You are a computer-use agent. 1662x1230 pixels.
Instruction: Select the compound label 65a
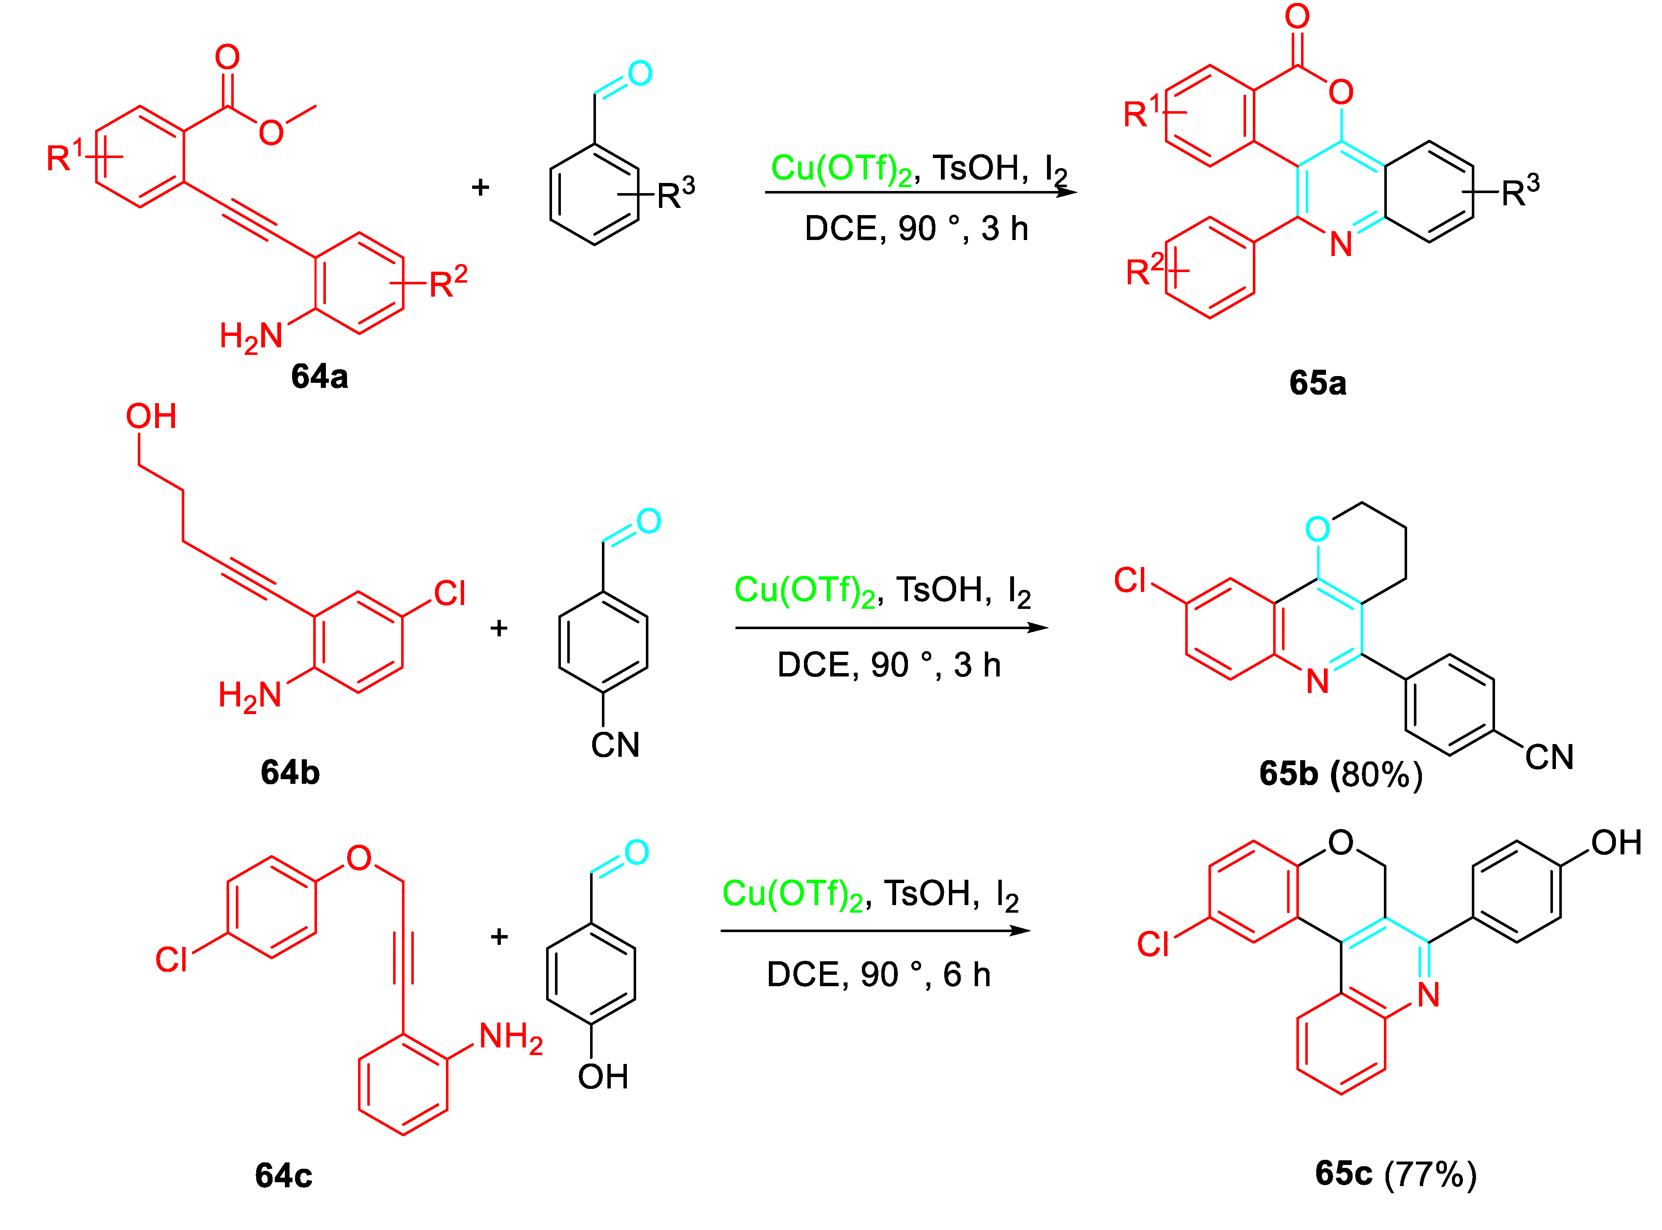(x=1317, y=383)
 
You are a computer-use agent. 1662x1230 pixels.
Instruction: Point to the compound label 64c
(x=283, y=1175)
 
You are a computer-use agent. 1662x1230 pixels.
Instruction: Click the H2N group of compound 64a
(x=251, y=336)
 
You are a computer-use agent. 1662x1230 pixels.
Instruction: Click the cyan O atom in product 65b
(x=1317, y=529)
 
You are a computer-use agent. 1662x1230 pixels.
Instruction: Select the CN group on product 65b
(x=1549, y=757)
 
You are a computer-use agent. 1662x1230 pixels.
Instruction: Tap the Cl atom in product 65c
(x=1153, y=944)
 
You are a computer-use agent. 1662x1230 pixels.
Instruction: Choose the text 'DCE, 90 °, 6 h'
(x=879, y=975)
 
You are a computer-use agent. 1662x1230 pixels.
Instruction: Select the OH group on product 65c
(x=1616, y=843)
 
